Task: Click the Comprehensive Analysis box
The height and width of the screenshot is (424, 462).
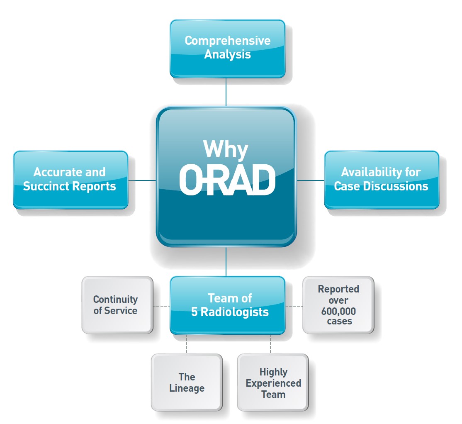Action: coord(227,49)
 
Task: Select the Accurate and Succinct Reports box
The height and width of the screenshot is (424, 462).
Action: coord(71,180)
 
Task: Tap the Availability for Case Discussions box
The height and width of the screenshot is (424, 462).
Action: coord(382,180)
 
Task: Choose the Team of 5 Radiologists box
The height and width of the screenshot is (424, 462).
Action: coord(227,305)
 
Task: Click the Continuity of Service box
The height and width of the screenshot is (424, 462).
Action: coord(117,305)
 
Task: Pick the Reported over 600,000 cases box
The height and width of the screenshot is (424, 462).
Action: coord(338,305)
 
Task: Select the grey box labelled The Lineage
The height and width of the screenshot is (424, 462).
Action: coord(187,382)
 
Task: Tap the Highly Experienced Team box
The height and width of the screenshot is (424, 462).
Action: coord(273,382)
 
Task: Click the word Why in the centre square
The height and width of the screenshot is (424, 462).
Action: coord(226,149)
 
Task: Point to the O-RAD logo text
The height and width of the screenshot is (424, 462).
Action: coord(227,180)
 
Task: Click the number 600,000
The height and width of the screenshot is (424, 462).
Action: coord(338,311)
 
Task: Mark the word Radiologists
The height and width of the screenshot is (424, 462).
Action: coord(235,312)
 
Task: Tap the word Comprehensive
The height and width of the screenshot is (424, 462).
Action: coord(227,41)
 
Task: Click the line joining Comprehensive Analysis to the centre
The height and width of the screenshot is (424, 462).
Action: coord(226,92)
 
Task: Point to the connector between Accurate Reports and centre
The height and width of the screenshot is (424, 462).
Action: coord(142,180)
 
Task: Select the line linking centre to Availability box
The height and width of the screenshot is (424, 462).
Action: coord(311,180)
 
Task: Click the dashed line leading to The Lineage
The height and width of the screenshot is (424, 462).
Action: coord(187,344)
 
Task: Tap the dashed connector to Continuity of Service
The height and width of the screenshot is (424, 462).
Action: coord(161,306)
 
